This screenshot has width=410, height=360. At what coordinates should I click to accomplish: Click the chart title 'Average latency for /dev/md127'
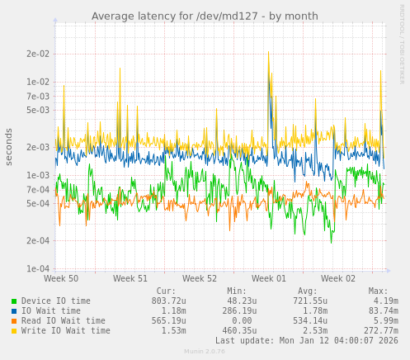[x=205, y=16]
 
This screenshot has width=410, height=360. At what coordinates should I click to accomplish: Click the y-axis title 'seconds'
[x=9, y=146]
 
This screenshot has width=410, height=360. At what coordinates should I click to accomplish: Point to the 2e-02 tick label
[x=38, y=54]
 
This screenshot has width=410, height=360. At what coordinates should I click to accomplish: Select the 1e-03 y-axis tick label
[x=38, y=175]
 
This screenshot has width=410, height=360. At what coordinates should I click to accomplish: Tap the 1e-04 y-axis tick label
[x=38, y=268]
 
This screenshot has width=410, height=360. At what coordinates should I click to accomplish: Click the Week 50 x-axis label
[x=61, y=279]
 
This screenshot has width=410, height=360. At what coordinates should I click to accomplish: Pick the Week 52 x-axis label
[x=200, y=279]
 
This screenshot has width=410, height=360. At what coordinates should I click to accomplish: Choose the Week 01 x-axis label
[x=269, y=279]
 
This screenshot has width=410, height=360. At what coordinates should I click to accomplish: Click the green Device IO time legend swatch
[x=14, y=301]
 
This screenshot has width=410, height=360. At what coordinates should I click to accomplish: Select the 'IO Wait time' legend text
[x=51, y=311]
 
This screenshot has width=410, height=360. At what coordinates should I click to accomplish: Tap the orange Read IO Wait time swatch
[x=14, y=321]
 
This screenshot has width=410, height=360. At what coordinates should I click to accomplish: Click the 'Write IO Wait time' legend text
[x=66, y=331]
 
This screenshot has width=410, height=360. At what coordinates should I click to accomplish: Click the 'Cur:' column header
[x=166, y=291]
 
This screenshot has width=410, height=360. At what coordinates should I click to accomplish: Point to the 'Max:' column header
[x=378, y=291]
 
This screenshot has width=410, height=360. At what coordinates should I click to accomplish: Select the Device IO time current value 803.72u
[x=169, y=301]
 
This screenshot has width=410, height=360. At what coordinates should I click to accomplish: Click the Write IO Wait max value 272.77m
[x=381, y=331]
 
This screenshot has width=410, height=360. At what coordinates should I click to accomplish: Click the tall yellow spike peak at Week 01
[x=268, y=52]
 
